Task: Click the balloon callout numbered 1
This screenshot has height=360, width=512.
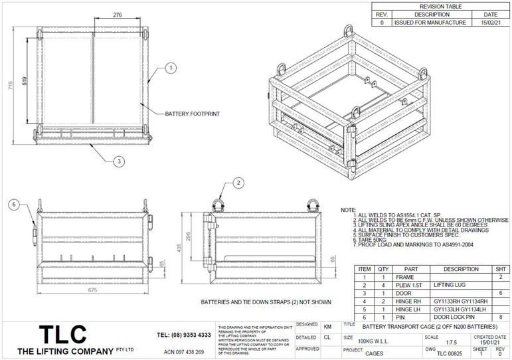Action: [170, 68]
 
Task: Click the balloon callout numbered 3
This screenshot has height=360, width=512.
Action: [118, 161]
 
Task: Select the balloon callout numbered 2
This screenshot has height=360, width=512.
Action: [238, 183]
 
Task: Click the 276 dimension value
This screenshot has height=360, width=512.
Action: [118, 15]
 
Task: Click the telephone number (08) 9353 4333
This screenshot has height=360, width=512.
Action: [184, 335]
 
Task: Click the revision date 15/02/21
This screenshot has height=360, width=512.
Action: [490, 22]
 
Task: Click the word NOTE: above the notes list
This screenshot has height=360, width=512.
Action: [348, 210]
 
